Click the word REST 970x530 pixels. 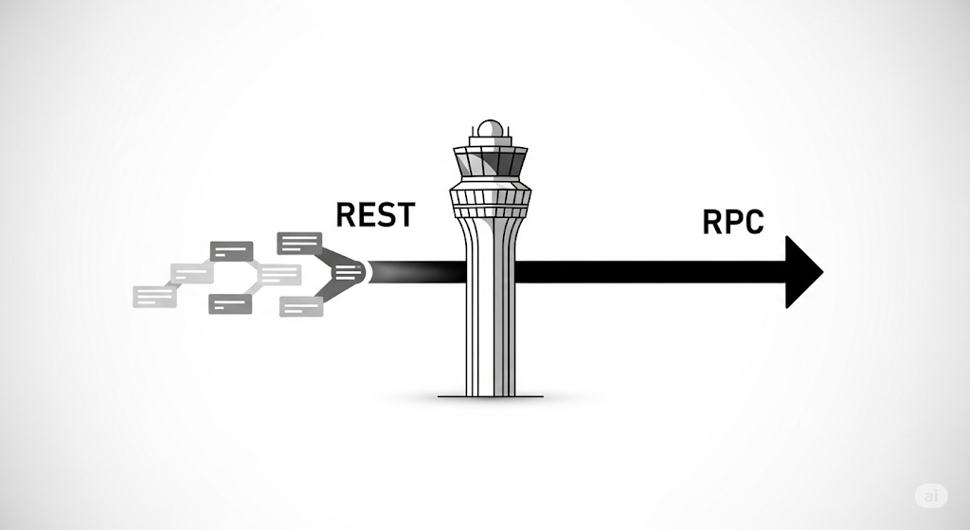point(375,214)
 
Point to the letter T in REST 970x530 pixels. point(404,214)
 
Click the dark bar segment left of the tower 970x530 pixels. point(417,272)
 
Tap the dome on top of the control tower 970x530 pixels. point(489,129)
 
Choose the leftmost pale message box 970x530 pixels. point(155,296)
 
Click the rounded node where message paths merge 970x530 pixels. point(350,272)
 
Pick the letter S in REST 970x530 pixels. point(386,214)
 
